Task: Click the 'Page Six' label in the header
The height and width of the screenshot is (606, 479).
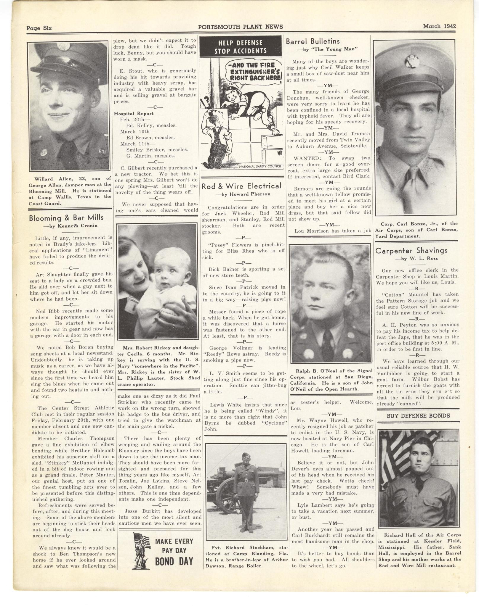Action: pyautogui.click(x=39, y=28)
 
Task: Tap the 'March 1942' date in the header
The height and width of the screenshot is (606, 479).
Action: pyautogui.click(x=439, y=26)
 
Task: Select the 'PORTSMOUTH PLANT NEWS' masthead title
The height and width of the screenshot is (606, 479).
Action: pyautogui.click(x=240, y=27)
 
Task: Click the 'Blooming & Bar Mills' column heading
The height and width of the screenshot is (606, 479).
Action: pyautogui.click(x=66, y=218)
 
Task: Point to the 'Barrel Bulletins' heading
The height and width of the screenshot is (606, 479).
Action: pyautogui.click(x=313, y=41)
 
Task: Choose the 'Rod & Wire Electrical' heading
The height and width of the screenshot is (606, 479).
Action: pyautogui.click(x=241, y=186)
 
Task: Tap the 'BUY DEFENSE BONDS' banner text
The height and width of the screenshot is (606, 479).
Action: pyautogui.click(x=418, y=416)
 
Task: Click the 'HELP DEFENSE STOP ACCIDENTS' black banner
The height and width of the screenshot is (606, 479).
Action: pyautogui.click(x=240, y=47)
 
